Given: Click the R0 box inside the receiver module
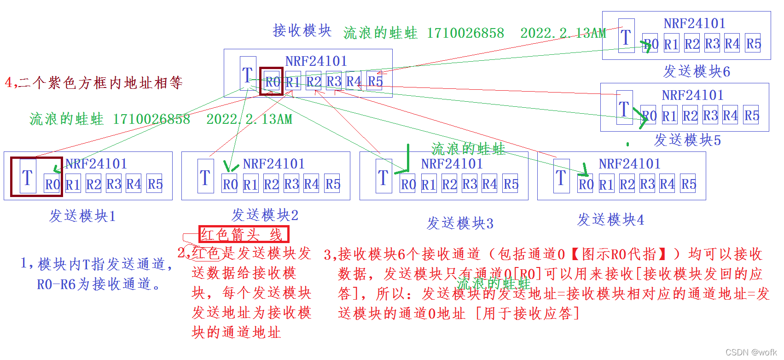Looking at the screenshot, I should click(x=272, y=82).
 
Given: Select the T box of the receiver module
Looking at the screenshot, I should click(x=248, y=74).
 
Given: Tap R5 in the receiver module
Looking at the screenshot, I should click(x=375, y=81).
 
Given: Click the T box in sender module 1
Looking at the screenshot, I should click(x=28, y=177).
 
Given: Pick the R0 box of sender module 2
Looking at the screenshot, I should click(x=230, y=184).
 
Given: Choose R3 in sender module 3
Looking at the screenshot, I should click(x=470, y=184).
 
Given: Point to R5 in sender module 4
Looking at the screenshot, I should click(x=688, y=184).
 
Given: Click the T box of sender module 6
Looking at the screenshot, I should click(x=626, y=36).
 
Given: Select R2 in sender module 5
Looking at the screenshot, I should click(x=690, y=116).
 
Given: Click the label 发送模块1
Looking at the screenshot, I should click(x=82, y=216).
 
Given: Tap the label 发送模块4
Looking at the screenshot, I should click(x=610, y=220).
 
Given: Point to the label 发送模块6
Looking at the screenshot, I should click(x=697, y=71).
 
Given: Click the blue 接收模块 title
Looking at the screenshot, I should click(x=302, y=30).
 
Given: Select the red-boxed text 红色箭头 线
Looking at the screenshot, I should click(x=244, y=234).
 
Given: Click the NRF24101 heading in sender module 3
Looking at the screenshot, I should click(x=452, y=164).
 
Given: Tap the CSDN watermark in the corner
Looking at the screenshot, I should click(x=751, y=352).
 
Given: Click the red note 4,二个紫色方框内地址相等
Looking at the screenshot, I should click(x=94, y=83).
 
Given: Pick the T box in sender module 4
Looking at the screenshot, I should click(x=561, y=177).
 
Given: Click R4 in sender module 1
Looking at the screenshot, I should click(x=134, y=184).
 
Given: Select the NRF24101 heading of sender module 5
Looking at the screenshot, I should click(x=692, y=95).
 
